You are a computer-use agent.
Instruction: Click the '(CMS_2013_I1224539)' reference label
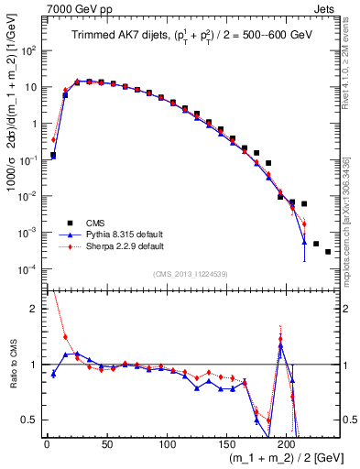point(191,273)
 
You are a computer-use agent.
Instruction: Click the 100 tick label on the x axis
point(167,443)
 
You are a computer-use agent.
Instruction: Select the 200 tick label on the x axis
point(287,443)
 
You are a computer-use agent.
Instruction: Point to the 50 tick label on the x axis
point(106,443)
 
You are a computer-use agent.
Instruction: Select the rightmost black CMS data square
point(328,251)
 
